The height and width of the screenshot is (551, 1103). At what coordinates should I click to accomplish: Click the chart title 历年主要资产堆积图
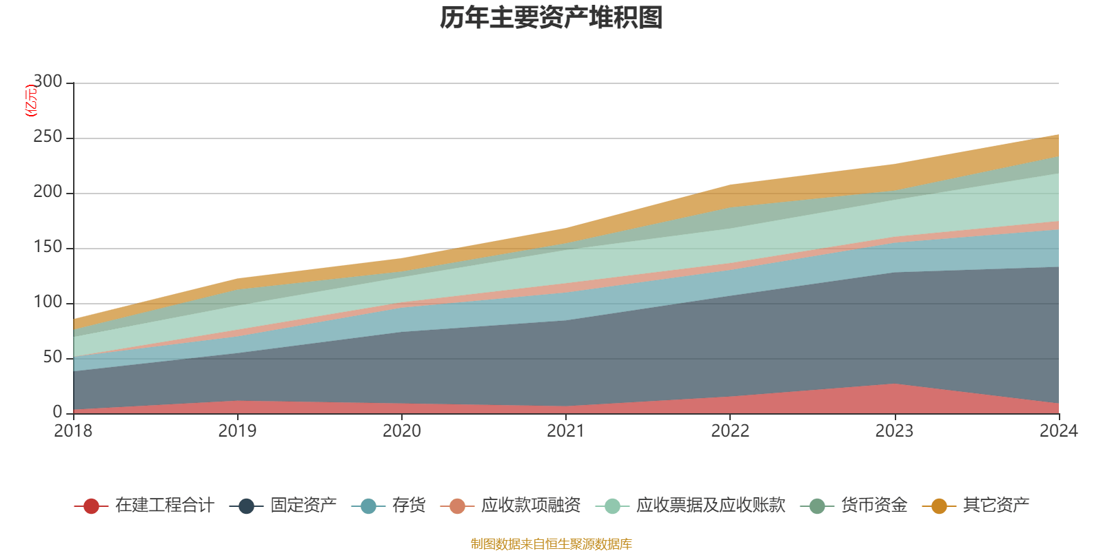(x=551, y=18)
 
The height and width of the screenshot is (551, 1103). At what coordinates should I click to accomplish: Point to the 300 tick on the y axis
(x=48, y=82)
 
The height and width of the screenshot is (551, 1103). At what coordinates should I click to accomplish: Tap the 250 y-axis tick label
(x=48, y=137)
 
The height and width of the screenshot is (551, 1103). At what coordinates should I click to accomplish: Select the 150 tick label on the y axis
(x=48, y=247)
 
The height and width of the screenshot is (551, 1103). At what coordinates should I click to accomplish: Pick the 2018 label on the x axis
(x=73, y=431)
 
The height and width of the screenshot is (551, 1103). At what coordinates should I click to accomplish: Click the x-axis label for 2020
(x=402, y=431)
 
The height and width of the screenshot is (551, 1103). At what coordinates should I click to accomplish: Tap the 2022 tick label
(x=730, y=431)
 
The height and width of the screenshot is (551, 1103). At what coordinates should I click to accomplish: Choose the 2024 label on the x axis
(x=1058, y=431)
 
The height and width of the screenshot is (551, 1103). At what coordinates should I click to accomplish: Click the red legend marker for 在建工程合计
(x=91, y=506)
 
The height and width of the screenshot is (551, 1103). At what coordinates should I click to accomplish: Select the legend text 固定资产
(x=303, y=506)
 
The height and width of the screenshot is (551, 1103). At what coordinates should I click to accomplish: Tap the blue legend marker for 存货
(x=368, y=506)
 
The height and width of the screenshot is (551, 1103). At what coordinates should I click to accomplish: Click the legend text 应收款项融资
(x=531, y=506)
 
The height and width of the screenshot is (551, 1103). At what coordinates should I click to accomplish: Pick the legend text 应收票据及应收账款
(x=710, y=506)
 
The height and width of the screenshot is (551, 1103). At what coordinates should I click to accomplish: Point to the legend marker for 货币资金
(x=817, y=506)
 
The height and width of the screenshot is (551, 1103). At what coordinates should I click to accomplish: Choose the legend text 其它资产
(x=996, y=506)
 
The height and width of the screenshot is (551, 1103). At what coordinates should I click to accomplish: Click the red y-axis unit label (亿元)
(x=31, y=101)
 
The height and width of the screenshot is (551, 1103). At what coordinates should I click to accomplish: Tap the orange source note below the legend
(x=551, y=544)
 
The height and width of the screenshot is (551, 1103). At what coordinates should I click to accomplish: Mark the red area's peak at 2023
(x=895, y=384)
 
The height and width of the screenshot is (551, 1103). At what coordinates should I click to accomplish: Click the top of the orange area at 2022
(x=730, y=185)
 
